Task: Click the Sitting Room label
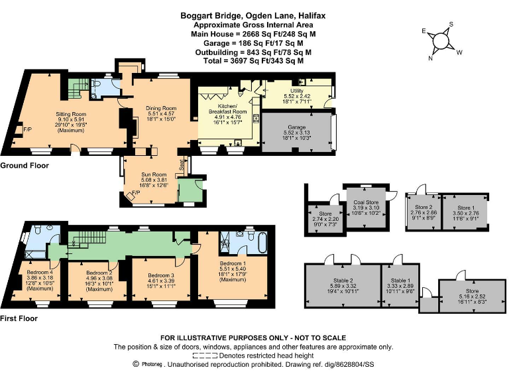point(71,114)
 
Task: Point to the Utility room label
point(297,91)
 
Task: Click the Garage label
point(296,126)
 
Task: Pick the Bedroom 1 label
point(233,263)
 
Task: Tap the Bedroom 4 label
point(40,272)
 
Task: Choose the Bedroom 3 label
point(160,275)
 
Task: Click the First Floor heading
point(19,318)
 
